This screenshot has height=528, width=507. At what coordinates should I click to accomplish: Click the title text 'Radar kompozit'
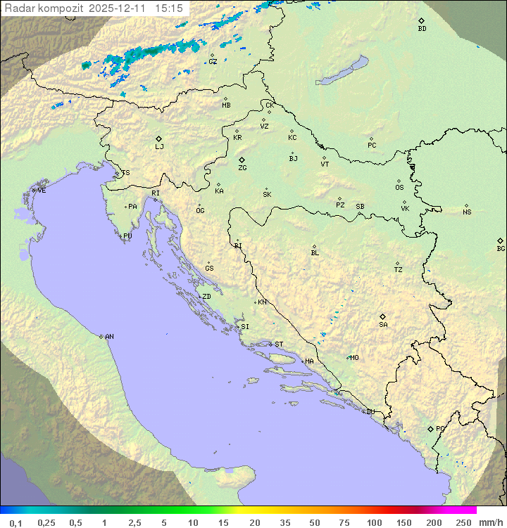(44, 8)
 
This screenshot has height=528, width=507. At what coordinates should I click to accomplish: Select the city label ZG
(242, 168)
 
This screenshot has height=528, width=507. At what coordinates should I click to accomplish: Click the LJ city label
(159, 146)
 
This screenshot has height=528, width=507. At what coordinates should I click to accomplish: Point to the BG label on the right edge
(501, 248)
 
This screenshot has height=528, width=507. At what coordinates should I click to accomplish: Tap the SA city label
(383, 324)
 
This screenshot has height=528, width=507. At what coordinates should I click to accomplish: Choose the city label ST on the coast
(279, 345)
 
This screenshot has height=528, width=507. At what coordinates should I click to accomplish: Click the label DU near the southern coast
(370, 412)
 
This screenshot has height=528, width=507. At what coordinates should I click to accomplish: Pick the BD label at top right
(422, 28)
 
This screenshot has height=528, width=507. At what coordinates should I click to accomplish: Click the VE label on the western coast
(42, 191)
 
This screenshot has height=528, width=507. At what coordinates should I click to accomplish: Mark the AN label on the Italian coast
(109, 337)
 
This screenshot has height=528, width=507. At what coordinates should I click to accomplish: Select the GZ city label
(213, 61)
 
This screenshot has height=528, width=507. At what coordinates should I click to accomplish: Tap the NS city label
(467, 212)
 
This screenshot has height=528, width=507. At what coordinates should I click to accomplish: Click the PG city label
(440, 428)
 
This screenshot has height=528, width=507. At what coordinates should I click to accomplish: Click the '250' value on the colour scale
(463, 522)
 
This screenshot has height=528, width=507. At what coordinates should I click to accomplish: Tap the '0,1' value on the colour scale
(15, 522)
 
